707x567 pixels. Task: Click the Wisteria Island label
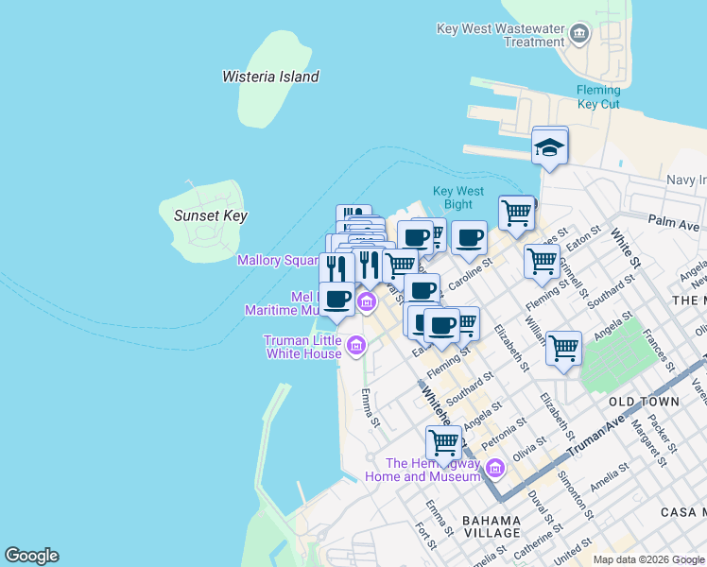270,77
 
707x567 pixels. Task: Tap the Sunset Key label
210,215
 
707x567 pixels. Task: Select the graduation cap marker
550,147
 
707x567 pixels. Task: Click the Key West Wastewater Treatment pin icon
579,36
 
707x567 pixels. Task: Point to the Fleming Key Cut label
598,97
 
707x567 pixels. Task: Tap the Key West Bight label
458,197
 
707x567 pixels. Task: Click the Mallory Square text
279,260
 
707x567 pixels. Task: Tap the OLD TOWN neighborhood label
644,402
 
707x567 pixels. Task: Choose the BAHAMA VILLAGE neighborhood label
491,526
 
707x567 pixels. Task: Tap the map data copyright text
647,559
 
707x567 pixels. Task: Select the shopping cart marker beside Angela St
563,349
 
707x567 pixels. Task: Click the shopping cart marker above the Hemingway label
443,441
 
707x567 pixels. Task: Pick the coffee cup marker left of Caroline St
469,239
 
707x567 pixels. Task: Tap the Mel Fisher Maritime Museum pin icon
367,302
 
